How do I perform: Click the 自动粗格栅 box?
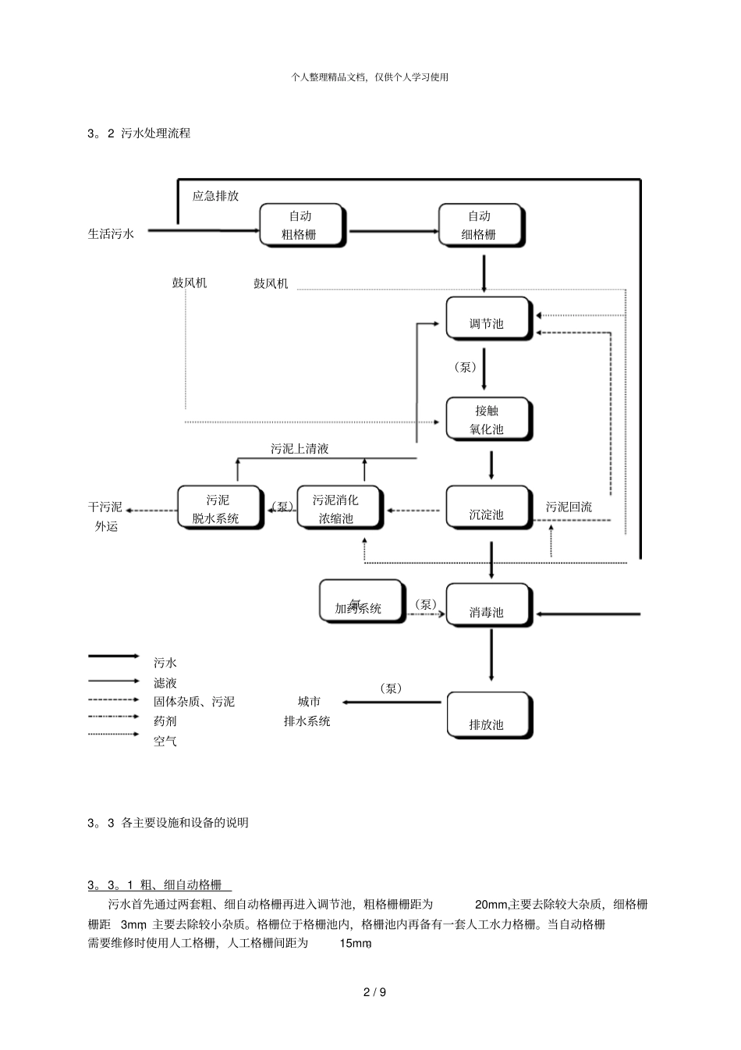303,225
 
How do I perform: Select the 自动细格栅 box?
480,225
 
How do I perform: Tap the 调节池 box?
488,319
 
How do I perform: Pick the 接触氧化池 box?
488,419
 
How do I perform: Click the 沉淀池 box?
488,507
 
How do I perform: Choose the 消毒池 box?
488,605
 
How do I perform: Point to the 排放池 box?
488,715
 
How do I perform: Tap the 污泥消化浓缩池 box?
338,508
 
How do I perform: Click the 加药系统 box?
361,601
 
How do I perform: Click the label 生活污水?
111,233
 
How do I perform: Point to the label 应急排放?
216,196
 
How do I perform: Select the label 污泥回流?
569,507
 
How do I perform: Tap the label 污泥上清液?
300,449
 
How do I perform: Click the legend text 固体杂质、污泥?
194,702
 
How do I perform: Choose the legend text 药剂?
165,721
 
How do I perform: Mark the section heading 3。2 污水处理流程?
140,133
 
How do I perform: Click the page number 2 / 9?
374,992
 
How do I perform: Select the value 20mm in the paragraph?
491,904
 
